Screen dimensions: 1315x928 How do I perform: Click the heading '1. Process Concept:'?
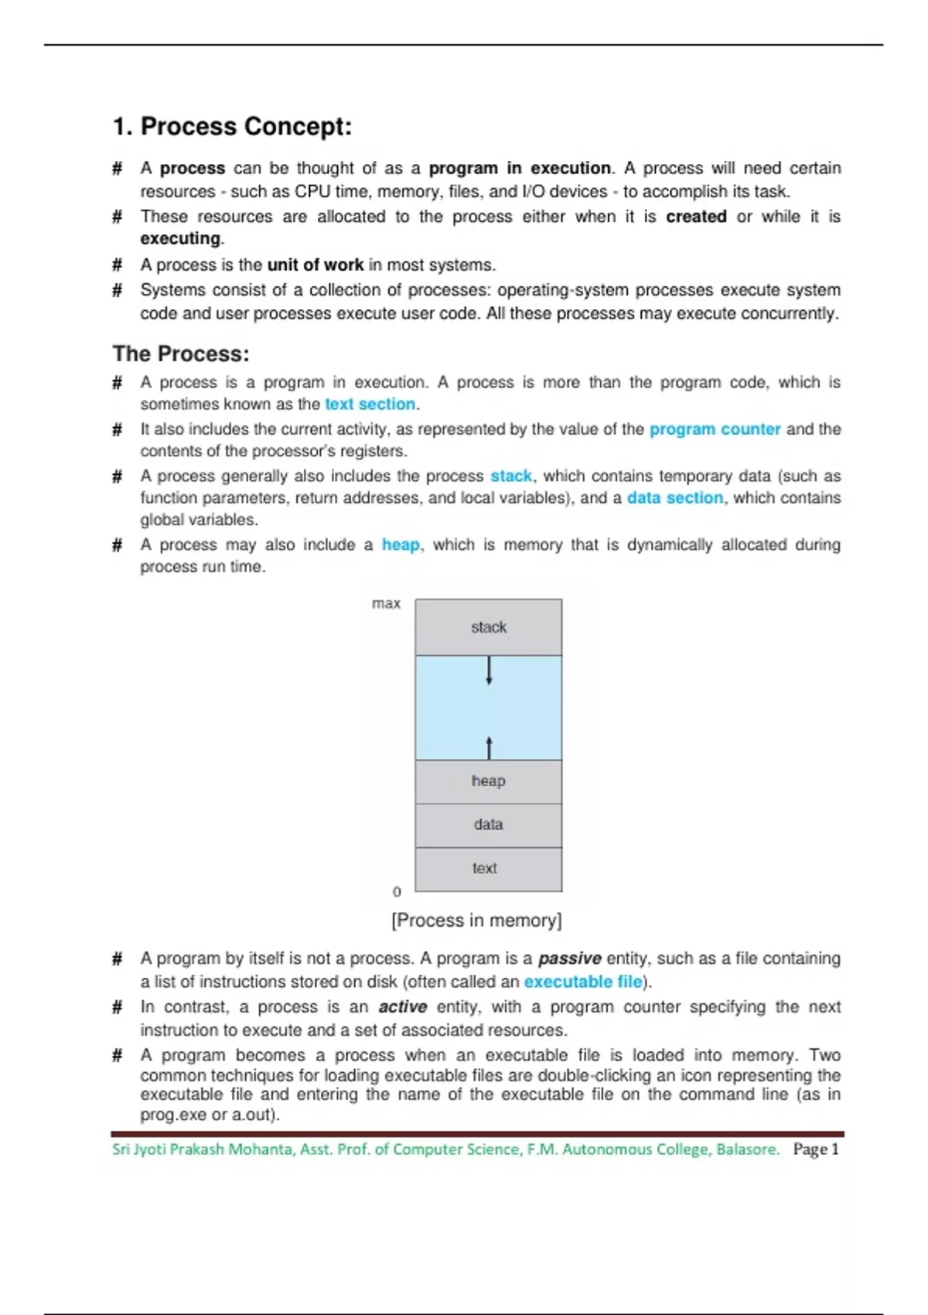pyautogui.click(x=232, y=126)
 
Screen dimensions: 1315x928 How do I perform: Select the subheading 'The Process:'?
pyautogui.click(x=181, y=354)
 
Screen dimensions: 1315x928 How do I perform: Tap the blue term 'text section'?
pyautogui.click(x=370, y=404)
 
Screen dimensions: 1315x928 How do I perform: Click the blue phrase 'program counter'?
pyautogui.click(x=715, y=429)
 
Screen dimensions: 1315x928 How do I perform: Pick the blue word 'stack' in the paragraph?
pyautogui.click(x=511, y=476)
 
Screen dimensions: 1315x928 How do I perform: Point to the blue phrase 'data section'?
pyautogui.click(x=674, y=497)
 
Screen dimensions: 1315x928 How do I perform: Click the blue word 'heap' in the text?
pyautogui.click(x=401, y=545)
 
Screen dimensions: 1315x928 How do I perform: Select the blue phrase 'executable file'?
pyautogui.click(x=583, y=982)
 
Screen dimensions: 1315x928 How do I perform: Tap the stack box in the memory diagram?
pyautogui.click(x=489, y=627)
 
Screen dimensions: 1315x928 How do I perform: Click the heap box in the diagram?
pyautogui.click(x=489, y=781)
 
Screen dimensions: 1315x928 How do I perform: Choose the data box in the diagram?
pyautogui.click(x=489, y=825)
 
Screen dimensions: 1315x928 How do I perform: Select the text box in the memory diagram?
pyautogui.click(x=486, y=869)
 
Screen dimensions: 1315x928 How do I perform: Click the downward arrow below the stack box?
pyautogui.click(x=489, y=670)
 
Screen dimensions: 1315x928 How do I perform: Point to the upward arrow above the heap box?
pyautogui.click(x=489, y=747)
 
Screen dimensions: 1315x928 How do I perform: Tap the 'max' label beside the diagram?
pyautogui.click(x=386, y=603)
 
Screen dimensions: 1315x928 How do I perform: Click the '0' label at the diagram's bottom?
pyautogui.click(x=397, y=892)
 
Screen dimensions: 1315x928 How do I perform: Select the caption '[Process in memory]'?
pyautogui.click(x=476, y=920)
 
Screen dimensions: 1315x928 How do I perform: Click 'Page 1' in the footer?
pyautogui.click(x=815, y=1149)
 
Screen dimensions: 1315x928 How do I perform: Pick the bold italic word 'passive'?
pyautogui.click(x=569, y=958)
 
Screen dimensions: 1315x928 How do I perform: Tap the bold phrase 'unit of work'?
pyautogui.click(x=315, y=265)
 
